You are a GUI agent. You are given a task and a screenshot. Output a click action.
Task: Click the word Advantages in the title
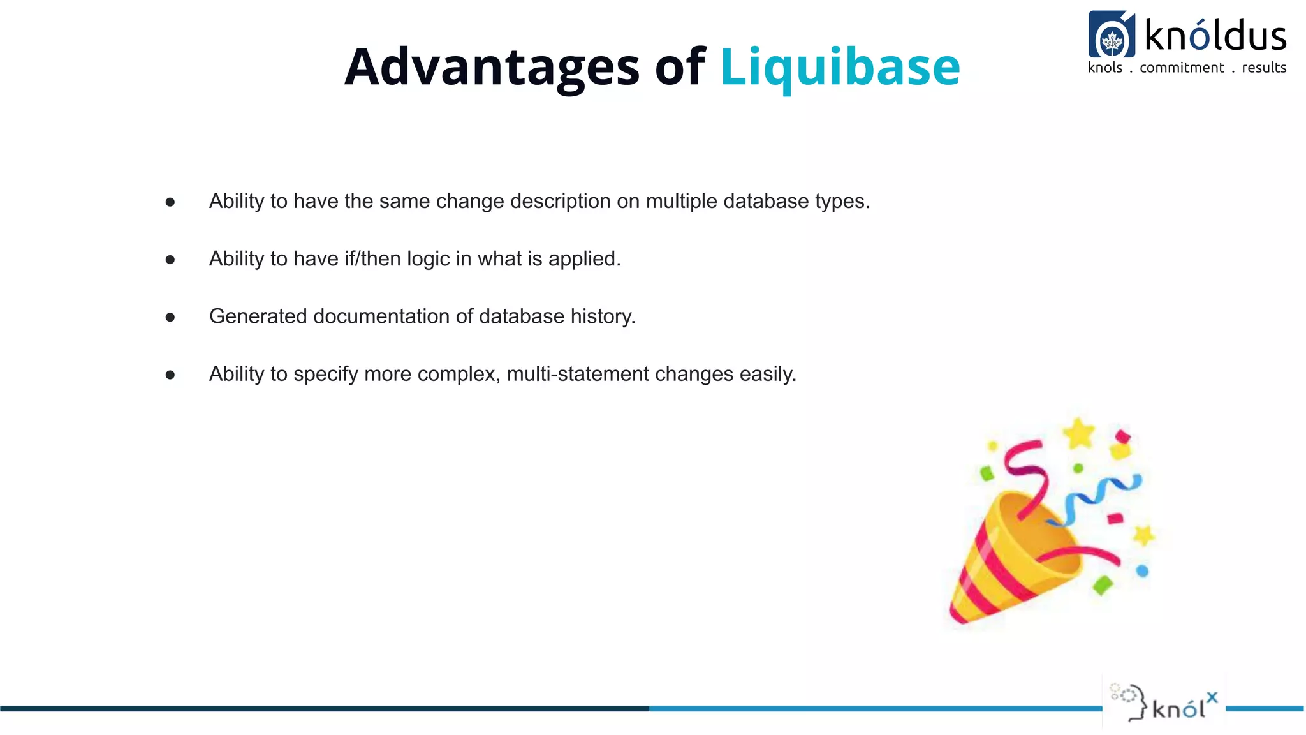click(x=491, y=67)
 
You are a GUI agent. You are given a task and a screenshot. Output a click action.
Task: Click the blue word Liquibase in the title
click(x=840, y=67)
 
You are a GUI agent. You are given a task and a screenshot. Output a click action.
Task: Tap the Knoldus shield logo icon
click(x=1112, y=35)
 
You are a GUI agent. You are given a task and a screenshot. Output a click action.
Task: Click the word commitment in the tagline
click(x=1182, y=68)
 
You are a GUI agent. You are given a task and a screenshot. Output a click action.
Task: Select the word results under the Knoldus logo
click(x=1263, y=68)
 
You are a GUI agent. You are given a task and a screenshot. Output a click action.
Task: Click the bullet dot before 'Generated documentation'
click(x=170, y=317)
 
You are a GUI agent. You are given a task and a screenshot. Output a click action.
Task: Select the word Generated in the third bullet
click(x=258, y=316)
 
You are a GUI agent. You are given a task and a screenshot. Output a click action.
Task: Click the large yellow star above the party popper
click(x=1078, y=433)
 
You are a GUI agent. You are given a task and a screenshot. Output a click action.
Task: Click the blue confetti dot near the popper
click(x=1142, y=571)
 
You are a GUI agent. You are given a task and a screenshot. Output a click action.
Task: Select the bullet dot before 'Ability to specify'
click(x=170, y=375)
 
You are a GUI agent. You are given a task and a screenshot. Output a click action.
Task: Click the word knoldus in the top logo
click(x=1215, y=35)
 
